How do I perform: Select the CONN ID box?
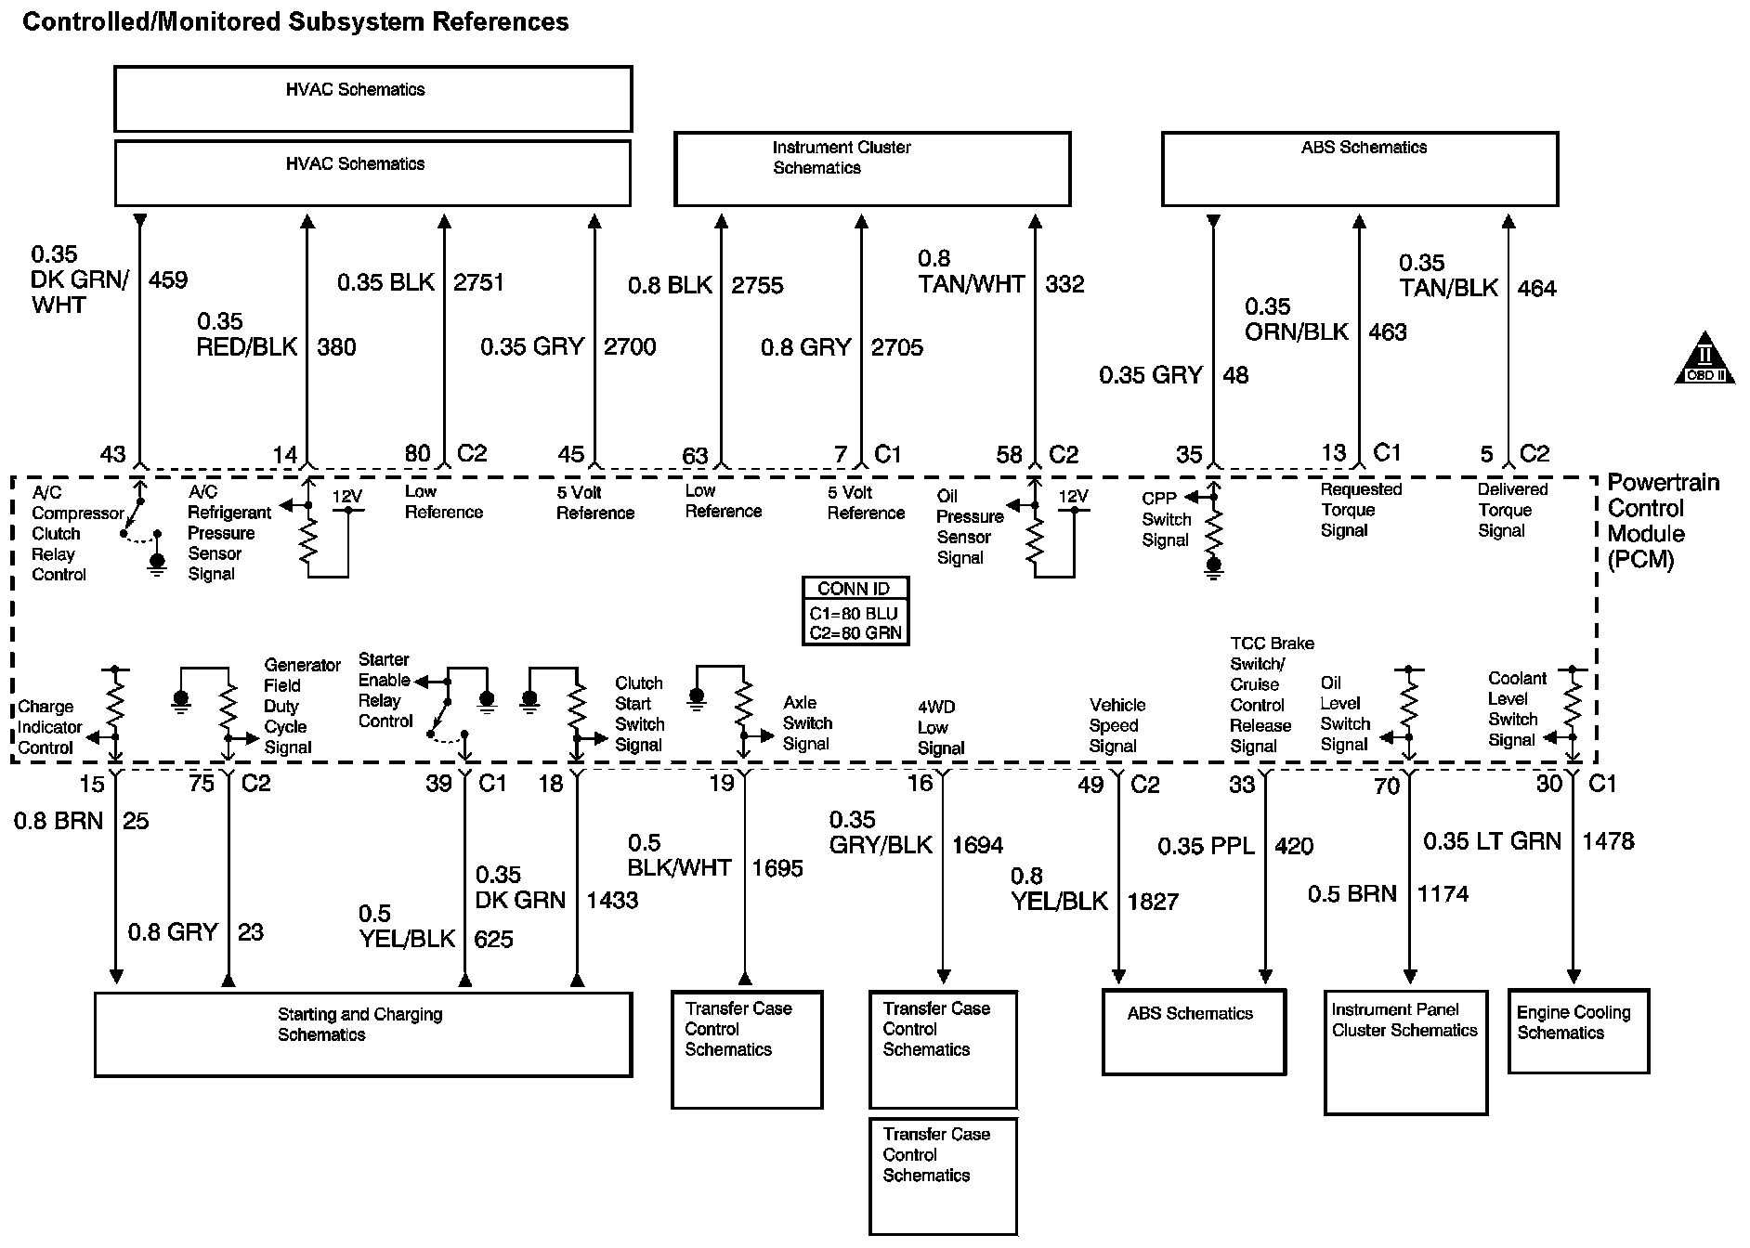click(855, 611)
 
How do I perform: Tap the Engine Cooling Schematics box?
click(1578, 1031)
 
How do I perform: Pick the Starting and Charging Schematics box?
click(363, 1034)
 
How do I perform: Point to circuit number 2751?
click(478, 282)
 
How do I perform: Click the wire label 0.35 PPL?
click(1205, 846)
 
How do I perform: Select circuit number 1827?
click(1153, 902)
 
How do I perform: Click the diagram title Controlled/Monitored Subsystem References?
click(295, 22)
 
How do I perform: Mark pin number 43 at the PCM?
click(112, 454)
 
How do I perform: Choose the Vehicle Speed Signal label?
click(1117, 725)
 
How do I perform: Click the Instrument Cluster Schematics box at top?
click(871, 168)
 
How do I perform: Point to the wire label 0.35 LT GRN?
click(1492, 841)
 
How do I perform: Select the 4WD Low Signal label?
click(938, 727)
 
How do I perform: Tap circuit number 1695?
click(777, 868)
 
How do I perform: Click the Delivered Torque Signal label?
click(1512, 510)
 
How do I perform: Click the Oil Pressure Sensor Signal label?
click(968, 526)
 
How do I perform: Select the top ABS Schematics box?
click(1359, 168)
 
